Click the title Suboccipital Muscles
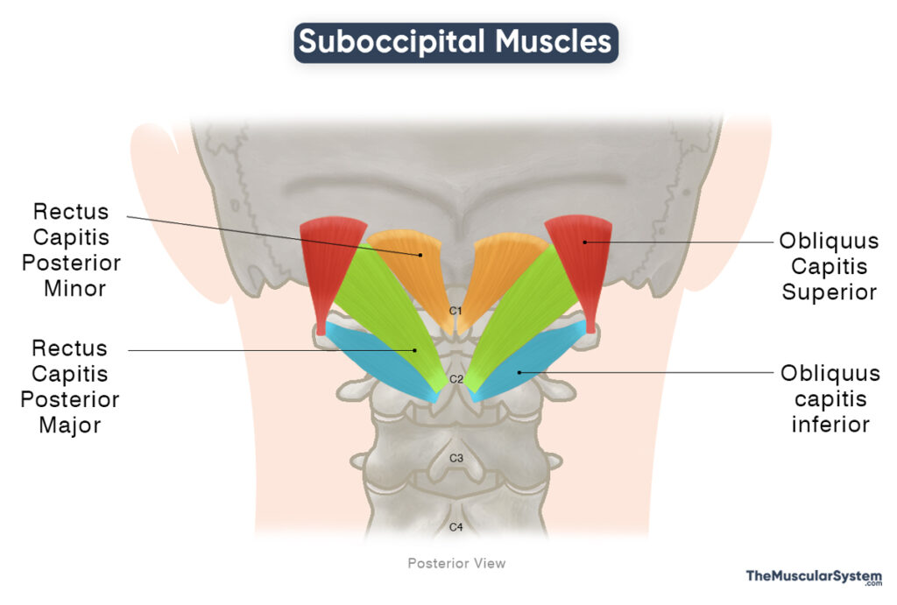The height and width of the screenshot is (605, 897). point(456,41)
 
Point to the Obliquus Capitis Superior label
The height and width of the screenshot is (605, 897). point(830,266)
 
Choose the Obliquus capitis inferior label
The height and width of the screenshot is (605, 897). point(830,399)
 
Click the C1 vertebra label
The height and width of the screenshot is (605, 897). point(456,311)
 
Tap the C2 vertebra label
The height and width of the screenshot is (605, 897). point(456,379)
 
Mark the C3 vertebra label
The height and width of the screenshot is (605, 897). point(456,458)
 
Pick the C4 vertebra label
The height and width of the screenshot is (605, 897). point(456,526)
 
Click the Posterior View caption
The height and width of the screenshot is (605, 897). point(456,563)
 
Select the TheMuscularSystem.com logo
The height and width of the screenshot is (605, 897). point(814,578)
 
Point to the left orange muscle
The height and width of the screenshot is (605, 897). point(412,263)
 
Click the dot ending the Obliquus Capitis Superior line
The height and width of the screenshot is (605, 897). point(584,242)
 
